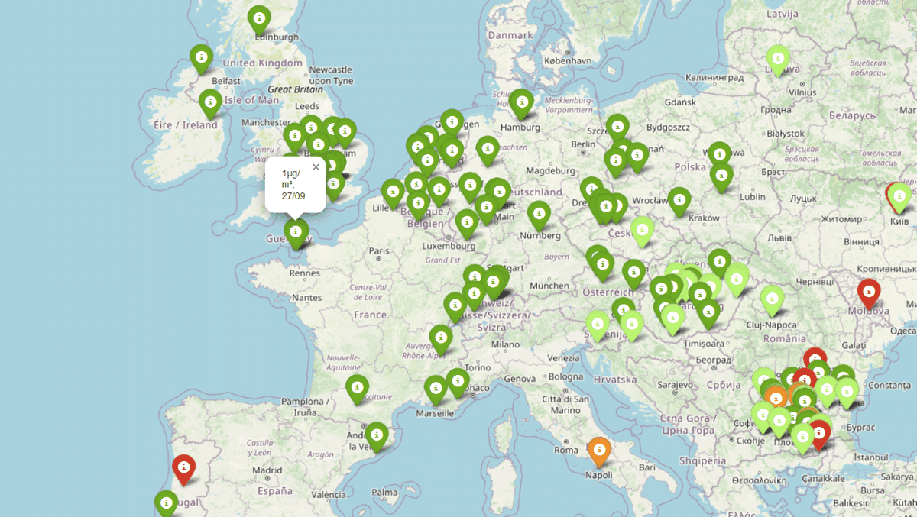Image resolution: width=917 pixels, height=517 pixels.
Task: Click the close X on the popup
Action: pos(316,166)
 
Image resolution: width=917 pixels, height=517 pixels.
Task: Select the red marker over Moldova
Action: pos(868,292)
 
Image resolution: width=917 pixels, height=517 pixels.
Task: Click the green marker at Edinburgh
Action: pos(259,18)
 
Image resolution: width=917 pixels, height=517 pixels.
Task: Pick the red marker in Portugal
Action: pos(183,467)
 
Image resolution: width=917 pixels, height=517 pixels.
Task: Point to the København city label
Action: pos(568,60)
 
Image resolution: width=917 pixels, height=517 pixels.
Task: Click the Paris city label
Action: pos(380,250)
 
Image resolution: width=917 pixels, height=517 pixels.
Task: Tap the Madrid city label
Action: pos(267,470)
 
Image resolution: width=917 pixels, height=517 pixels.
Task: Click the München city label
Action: pos(549,285)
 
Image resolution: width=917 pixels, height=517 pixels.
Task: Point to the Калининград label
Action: pos(714,77)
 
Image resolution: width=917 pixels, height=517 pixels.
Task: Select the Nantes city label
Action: pos(306,297)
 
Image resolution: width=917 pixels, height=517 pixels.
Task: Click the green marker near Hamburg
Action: pos(521,102)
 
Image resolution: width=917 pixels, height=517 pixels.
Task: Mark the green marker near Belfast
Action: pos(201,57)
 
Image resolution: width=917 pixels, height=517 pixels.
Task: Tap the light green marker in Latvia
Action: pos(777,58)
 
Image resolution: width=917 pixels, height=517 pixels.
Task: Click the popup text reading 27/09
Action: pos(293,195)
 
